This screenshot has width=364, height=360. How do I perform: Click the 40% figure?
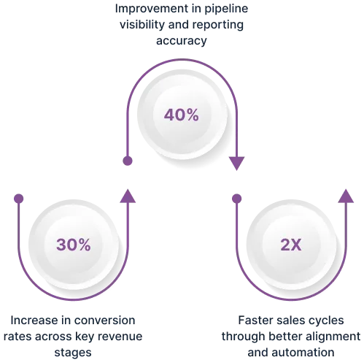pos(182,115)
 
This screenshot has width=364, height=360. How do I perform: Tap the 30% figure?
pos(74,245)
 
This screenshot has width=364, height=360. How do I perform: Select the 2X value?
pos(291,245)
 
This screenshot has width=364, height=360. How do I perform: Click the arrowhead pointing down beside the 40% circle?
pos(236,164)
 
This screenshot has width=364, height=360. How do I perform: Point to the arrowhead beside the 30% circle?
pos(128,196)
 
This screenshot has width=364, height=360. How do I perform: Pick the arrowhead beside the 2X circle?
pos(346,196)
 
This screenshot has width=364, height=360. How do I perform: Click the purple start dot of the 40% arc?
pos(128,161)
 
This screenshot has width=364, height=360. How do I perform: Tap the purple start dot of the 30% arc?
pos(19,199)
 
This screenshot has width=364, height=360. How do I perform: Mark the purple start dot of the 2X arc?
pos(236,199)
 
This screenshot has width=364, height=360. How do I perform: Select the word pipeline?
pos(226,9)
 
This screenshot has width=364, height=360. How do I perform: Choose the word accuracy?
pos(182,41)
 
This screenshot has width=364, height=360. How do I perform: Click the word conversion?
pos(104,321)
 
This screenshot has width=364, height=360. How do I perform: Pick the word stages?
pos(73,353)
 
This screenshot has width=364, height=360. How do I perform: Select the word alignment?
pos(333,337)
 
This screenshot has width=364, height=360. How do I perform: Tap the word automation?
pos(303,353)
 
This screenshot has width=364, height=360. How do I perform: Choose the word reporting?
pos(218,25)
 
